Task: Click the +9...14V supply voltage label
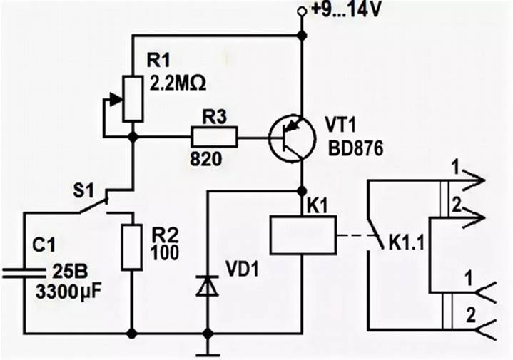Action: pyautogui.click(x=346, y=9)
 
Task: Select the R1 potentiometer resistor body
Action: pyautogui.click(x=133, y=99)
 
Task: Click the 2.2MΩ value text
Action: pyautogui.click(x=178, y=83)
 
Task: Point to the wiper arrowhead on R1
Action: pyautogui.click(x=116, y=99)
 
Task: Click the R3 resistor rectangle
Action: pyautogui.click(x=214, y=137)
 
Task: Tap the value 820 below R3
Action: pyautogui.click(x=205, y=159)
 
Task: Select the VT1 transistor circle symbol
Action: pyautogui.click(x=293, y=138)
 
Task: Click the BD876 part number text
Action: pyautogui.click(x=355, y=149)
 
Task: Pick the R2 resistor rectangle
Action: pyautogui.click(x=132, y=247)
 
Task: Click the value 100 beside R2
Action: pyautogui.click(x=165, y=253)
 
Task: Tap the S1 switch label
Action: pyautogui.click(x=83, y=190)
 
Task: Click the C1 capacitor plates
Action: pyautogui.click(x=24, y=273)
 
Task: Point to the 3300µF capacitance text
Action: pyautogui.click(x=68, y=292)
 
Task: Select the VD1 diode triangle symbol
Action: pyautogui.click(x=208, y=286)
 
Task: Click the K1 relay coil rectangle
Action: pyautogui.click(x=303, y=235)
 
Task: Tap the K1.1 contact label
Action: pyautogui.click(x=406, y=243)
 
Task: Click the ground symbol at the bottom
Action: pyautogui.click(x=208, y=354)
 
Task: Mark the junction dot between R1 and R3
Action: pyautogui.click(x=133, y=137)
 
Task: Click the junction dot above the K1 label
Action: pyautogui.click(x=301, y=190)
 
